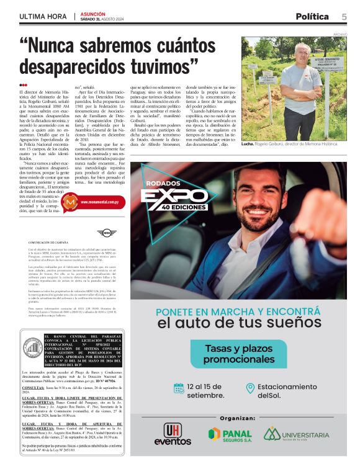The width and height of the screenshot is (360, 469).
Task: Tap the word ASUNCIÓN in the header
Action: (x=94, y=12)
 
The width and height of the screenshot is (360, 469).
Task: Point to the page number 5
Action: (x=344, y=16)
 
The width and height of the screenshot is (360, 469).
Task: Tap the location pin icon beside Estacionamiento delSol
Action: (x=250, y=388)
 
